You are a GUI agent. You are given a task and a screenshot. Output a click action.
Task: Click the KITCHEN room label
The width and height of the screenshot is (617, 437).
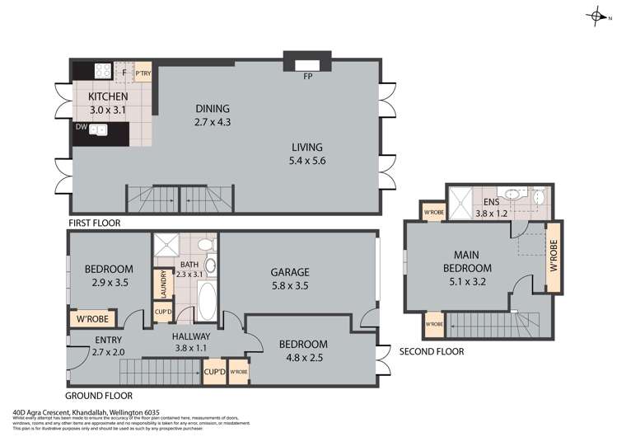(x=108, y=96)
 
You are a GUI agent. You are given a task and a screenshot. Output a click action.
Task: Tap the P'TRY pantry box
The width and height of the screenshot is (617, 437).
(x=143, y=73)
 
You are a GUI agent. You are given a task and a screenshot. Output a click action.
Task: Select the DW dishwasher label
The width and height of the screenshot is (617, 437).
(x=81, y=127)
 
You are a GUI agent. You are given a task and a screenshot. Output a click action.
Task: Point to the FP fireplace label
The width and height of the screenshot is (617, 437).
(x=307, y=76)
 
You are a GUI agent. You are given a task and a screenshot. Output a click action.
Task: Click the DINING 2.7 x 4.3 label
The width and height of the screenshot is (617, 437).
(x=212, y=115)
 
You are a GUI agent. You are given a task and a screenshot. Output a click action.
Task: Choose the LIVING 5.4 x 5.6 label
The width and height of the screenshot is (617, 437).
(x=306, y=154)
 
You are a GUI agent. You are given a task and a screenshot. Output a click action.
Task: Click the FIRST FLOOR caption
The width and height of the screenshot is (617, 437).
(x=95, y=223)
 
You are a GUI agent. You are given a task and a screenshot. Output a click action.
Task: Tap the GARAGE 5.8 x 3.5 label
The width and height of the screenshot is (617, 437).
(x=291, y=278)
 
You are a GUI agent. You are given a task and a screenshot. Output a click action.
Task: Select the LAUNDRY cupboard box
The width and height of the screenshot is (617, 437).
(x=161, y=284)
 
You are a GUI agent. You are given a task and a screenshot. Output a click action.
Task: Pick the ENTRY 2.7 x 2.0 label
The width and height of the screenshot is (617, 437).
(x=109, y=346)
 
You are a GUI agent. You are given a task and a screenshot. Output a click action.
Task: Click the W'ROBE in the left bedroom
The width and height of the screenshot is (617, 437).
(x=93, y=319)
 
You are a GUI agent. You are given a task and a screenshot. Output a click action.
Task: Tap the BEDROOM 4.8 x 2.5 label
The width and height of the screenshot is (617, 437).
(x=302, y=350)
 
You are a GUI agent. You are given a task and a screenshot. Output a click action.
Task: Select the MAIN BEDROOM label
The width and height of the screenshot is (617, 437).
(x=467, y=261)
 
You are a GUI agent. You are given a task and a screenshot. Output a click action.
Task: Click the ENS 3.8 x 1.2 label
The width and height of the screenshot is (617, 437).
(x=492, y=207)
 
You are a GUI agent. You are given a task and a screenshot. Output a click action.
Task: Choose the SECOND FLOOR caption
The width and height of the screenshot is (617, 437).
(x=431, y=351)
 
